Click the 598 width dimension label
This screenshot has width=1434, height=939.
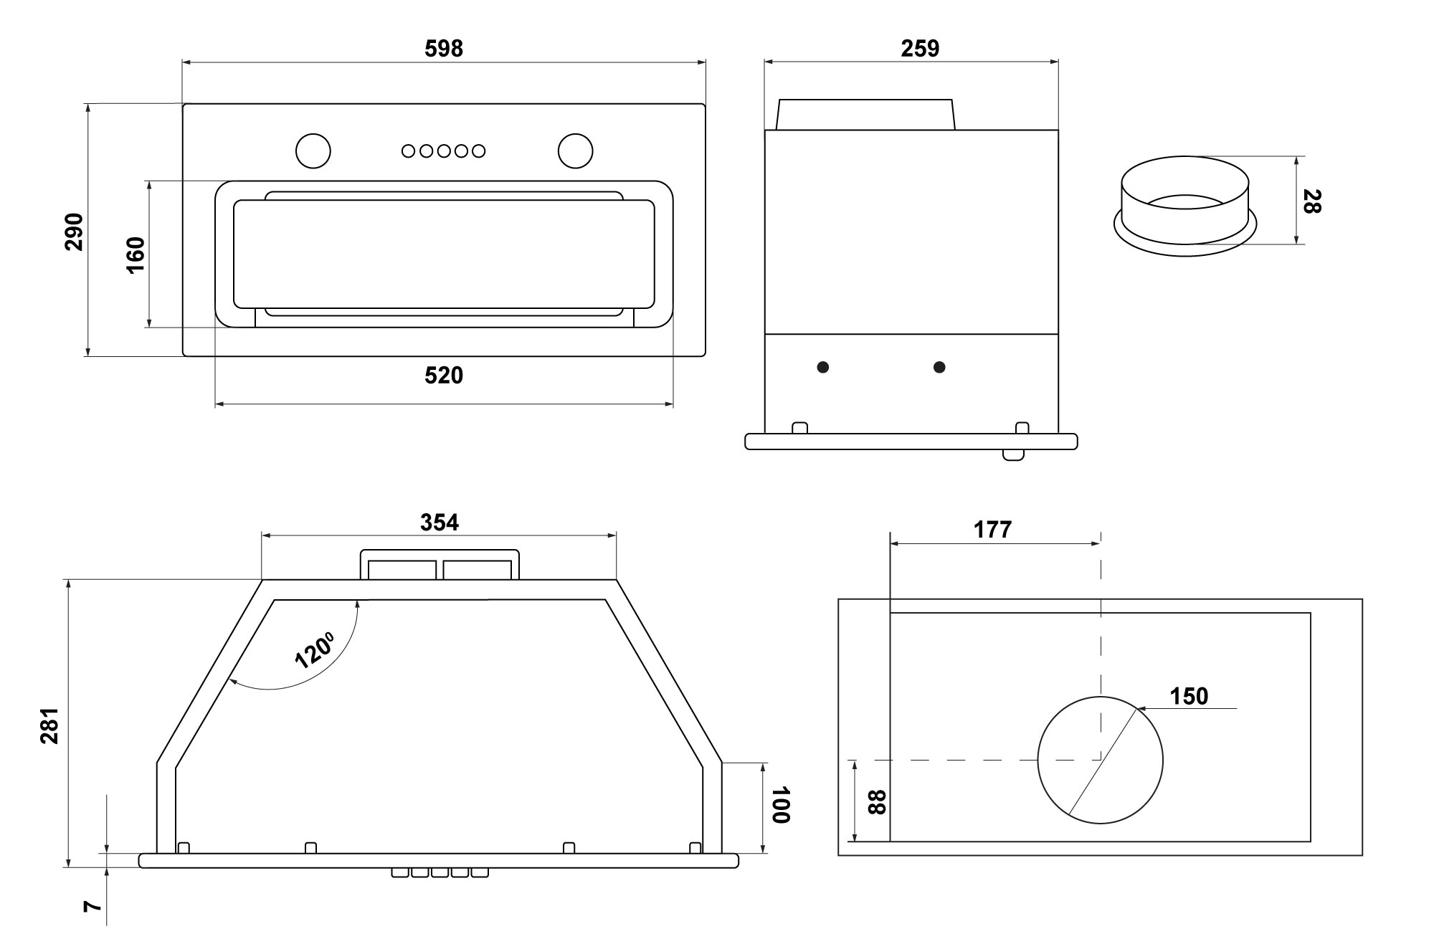pyautogui.click(x=444, y=49)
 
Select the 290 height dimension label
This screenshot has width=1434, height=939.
pyautogui.click(x=75, y=232)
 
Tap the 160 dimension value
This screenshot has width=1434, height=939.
pyautogui.click(x=136, y=254)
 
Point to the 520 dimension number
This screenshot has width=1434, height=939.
pyautogui.click(x=444, y=376)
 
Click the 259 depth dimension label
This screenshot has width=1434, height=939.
pyautogui.click(x=919, y=49)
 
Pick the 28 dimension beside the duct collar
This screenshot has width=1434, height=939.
pyautogui.click(x=1311, y=201)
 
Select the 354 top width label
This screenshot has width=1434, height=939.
pyautogui.click(x=439, y=523)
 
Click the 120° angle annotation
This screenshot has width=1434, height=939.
pyautogui.click(x=314, y=649)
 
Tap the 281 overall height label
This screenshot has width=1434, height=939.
pyautogui.click(x=49, y=725)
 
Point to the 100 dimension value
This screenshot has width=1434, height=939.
pyautogui.click(x=781, y=805)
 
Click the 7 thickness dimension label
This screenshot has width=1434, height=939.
pyautogui.click(x=91, y=906)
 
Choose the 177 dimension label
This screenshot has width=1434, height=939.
pyautogui.click(x=992, y=530)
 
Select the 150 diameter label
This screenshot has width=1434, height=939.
pyautogui.click(x=1189, y=696)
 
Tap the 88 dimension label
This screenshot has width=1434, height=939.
pyautogui.click(x=877, y=801)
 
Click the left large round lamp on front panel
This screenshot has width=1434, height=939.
pyautogui.click(x=313, y=151)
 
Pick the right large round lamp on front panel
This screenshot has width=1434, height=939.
pyautogui.click(x=576, y=151)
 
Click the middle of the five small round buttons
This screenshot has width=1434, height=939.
pyautogui.click(x=444, y=151)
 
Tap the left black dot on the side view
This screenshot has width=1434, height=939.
pyautogui.click(x=823, y=367)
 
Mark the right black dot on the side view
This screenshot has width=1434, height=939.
pyautogui.click(x=939, y=367)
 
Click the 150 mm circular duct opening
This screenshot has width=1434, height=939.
pyautogui.click(x=1100, y=760)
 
